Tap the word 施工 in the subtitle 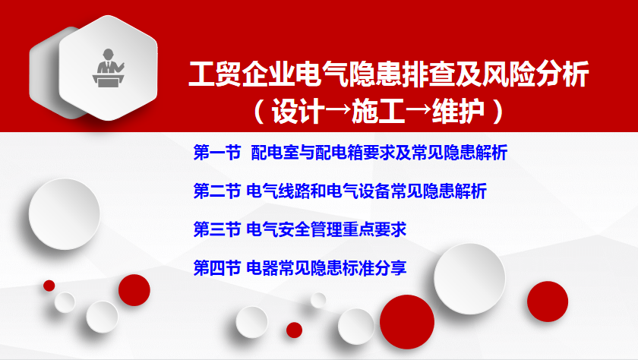pyautogui.click(x=378, y=111)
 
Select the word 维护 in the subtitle pyautogui.click(x=459, y=111)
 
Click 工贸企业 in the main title pyautogui.click(x=242, y=74)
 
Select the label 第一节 pyautogui.click(x=217, y=153)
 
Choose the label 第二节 pyautogui.click(x=217, y=191)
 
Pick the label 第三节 pyautogui.click(x=217, y=229)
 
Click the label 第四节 pyautogui.click(x=217, y=268)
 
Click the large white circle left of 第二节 pyautogui.click(x=65, y=214)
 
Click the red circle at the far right pyautogui.click(x=548, y=302)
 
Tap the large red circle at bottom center pyautogui.click(x=407, y=322)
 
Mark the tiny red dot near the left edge pyautogui.click(x=49, y=286)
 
